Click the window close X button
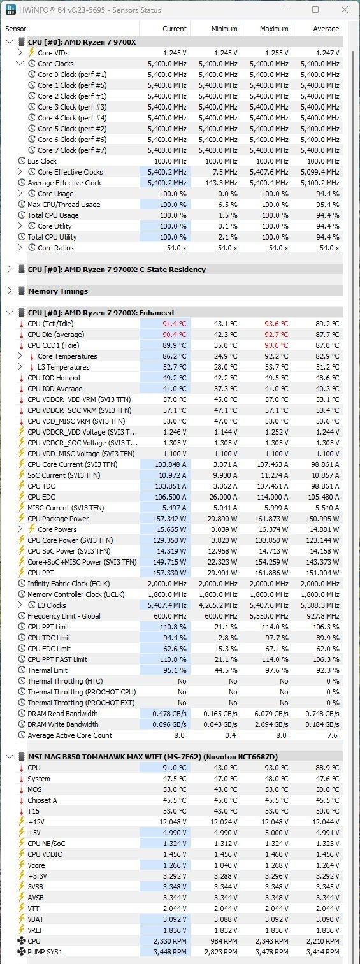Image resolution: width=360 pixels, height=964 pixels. coord(345,10)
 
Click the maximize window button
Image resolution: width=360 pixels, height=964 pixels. coord(315,10)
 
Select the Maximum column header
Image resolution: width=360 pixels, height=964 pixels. coord(274,29)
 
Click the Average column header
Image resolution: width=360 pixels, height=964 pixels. coord(326,29)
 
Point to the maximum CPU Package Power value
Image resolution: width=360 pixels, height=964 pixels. coord(272,519)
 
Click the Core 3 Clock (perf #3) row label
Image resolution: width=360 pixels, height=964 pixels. coord(72,107)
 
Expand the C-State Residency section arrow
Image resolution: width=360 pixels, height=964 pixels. coord(10,270)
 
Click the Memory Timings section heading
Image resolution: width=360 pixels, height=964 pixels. coord(58,291)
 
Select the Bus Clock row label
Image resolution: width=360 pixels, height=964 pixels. coord(42,161)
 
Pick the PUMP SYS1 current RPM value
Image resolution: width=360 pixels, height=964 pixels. coord(169,951)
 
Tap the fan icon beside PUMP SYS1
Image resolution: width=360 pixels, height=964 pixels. coord(22,951)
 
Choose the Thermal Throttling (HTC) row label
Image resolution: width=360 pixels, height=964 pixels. coord(64,681)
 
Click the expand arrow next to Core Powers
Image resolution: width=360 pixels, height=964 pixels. coord(20,529)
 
